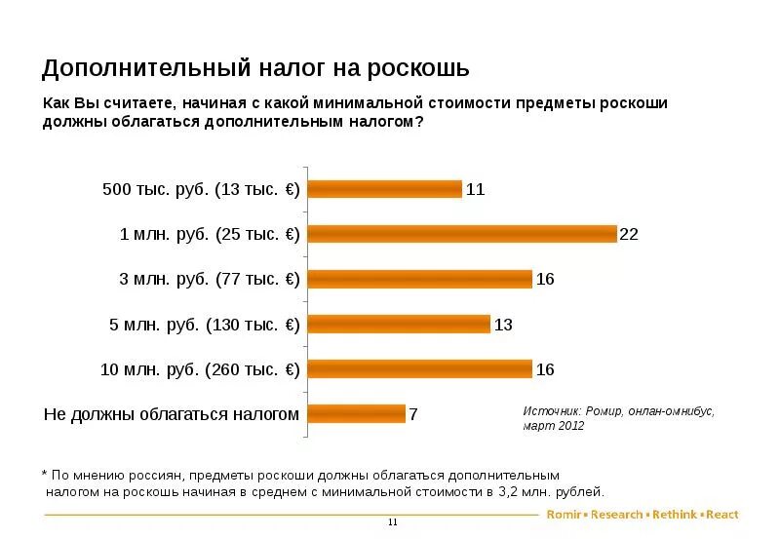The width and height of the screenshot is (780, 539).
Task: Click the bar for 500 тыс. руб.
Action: click(384, 189)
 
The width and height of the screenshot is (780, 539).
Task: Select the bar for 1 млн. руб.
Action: click(462, 234)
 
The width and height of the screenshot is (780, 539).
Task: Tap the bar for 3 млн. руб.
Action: click(420, 279)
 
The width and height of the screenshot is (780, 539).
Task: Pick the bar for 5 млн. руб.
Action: click(399, 324)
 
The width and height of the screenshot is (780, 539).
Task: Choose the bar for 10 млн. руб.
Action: click(420, 368)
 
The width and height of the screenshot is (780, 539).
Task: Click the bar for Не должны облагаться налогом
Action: click(356, 413)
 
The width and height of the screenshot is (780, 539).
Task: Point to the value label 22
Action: click(629, 235)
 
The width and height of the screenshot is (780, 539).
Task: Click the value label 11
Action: click(475, 190)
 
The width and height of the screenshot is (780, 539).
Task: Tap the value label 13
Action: click(503, 325)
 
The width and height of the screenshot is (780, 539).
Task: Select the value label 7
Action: click(413, 414)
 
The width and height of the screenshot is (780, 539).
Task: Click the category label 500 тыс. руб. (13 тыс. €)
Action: click(201, 189)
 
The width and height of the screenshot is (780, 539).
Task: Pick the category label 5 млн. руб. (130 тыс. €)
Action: click(204, 324)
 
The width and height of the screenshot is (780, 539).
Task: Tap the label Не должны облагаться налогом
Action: click(172, 413)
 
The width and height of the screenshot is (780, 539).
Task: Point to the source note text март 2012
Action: click(553, 427)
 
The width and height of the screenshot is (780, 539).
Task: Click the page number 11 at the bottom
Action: click(393, 522)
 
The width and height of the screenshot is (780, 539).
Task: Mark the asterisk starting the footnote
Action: click(45, 473)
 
